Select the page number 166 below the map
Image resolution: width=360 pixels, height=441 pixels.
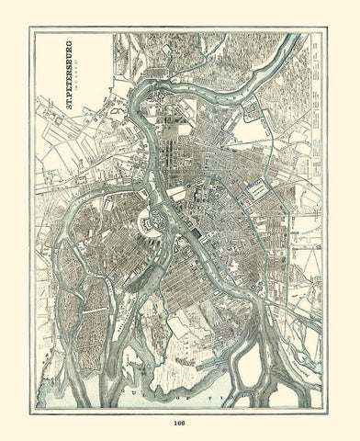point(179,424)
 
